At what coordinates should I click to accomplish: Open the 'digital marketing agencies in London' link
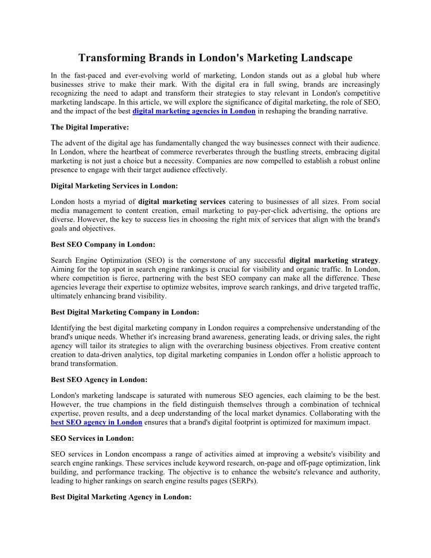coord(194,111)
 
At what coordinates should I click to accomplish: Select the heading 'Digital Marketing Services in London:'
coord(114,186)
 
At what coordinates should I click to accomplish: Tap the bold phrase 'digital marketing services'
coord(182,201)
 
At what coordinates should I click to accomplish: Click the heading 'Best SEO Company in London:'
coord(103,245)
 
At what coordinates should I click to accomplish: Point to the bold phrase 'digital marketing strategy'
coord(334,260)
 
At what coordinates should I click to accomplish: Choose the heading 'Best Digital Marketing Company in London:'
coord(125,312)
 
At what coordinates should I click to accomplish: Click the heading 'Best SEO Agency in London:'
coord(99,379)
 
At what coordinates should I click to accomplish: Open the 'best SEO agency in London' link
coord(97,422)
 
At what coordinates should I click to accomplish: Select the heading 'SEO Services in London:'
coord(92,438)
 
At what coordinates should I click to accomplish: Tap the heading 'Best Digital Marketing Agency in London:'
coord(121,497)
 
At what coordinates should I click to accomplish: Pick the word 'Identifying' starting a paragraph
coord(69,328)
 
